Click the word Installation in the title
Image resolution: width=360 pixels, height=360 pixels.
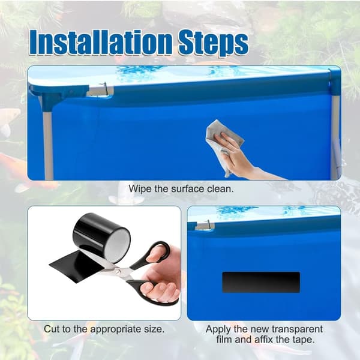(101, 42)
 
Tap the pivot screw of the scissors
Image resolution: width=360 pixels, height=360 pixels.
(118, 272)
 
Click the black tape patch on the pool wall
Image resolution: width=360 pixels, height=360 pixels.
(261, 282)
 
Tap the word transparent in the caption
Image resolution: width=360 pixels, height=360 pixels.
(298, 329)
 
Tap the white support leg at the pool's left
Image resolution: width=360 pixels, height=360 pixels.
(48, 138)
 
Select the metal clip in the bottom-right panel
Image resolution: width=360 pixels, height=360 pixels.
(205, 226)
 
